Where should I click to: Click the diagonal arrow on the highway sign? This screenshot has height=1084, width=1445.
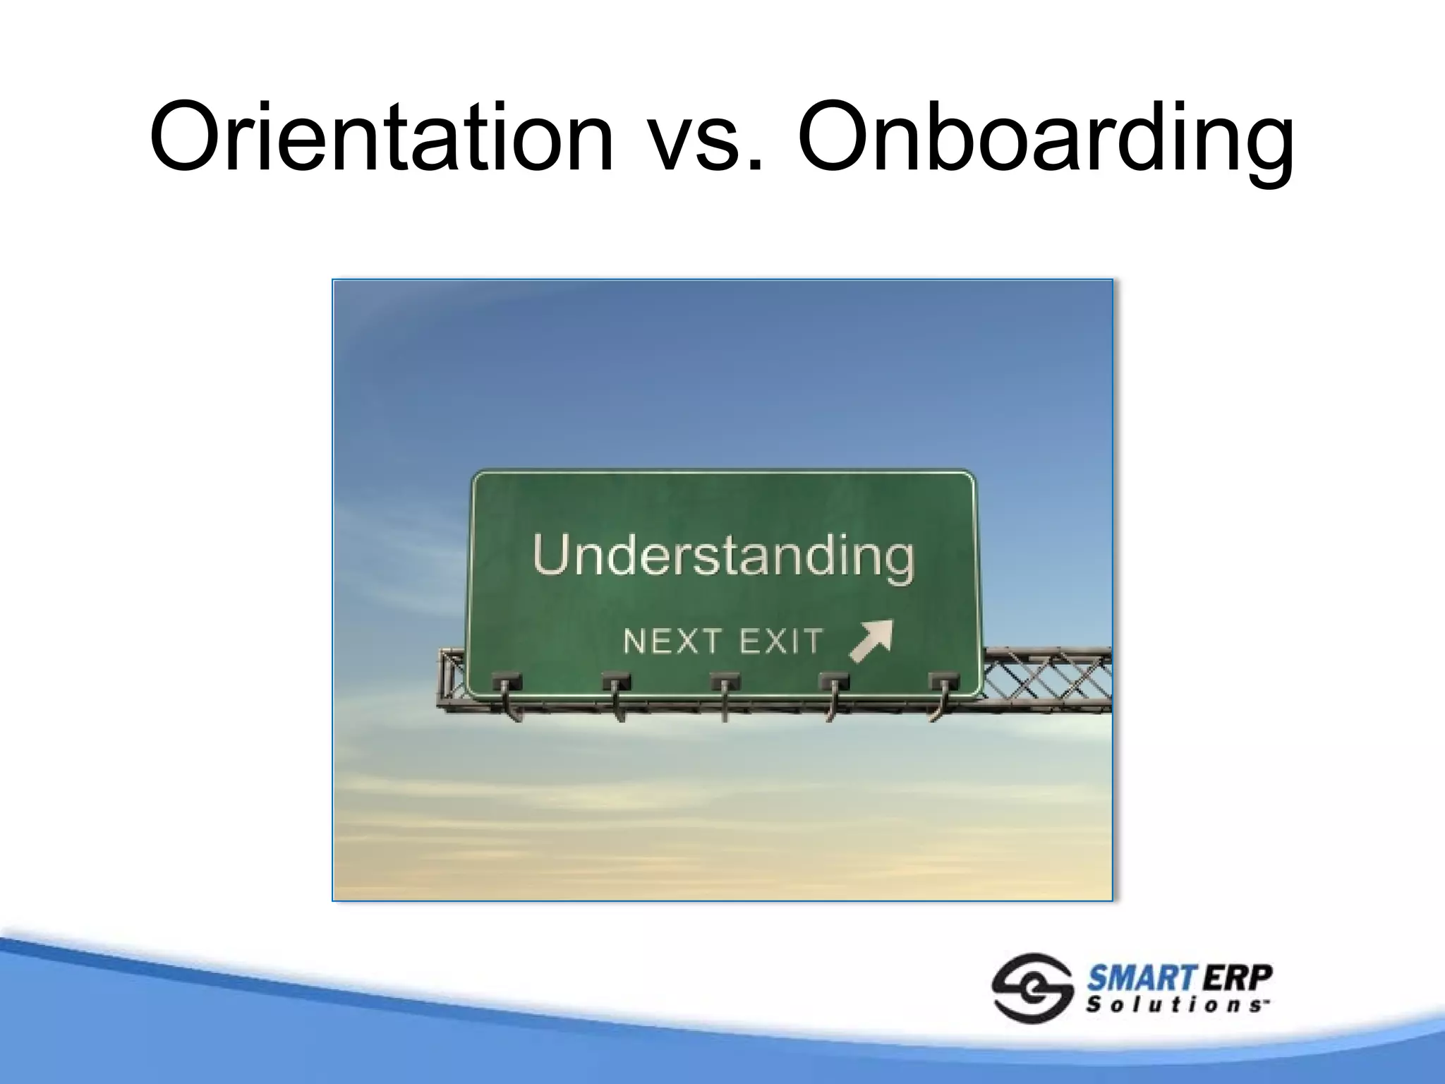(x=871, y=641)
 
